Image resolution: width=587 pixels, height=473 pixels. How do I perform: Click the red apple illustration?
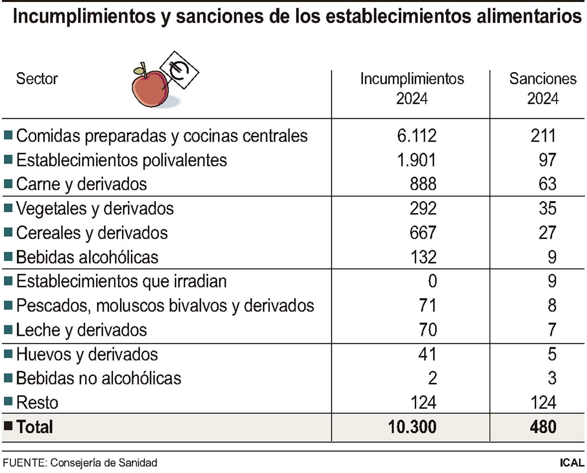click(x=150, y=88)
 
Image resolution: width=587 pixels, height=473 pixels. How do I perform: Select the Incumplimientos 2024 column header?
click(x=412, y=88)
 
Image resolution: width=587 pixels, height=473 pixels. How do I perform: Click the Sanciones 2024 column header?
click(x=542, y=88)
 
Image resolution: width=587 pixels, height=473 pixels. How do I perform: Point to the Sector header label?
click(x=37, y=79)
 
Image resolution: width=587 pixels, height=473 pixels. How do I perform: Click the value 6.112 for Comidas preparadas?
click(x=416, y=136)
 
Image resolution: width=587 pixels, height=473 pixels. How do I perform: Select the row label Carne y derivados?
click(x=81, y=184)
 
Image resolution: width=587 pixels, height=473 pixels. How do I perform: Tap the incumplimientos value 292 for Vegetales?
click(x=423, y=209)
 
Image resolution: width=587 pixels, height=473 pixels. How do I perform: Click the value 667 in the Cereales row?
click(x=423, y=233)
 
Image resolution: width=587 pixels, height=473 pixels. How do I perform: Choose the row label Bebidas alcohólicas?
click(x=87, y=257)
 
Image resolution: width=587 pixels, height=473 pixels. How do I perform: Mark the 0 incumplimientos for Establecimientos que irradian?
click(x=432, y=281)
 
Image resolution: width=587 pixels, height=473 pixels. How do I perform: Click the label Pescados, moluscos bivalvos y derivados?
click(x=165, y=306)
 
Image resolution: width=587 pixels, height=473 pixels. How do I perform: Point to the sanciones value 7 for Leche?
click(x=551, y=330)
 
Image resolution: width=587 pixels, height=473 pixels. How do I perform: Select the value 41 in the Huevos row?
click(x=427, y=354)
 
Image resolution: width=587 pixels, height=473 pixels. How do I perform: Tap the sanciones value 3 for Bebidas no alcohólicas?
click(x=551, y=378)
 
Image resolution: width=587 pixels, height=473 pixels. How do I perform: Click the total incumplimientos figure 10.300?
click(x=412, y=427)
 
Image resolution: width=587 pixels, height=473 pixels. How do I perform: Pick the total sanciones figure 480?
click(x=543, y=427)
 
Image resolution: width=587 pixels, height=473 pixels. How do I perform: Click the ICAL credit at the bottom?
click(x=571, y=462)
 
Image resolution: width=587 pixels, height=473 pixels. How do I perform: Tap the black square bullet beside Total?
click(x=8, y=426)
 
